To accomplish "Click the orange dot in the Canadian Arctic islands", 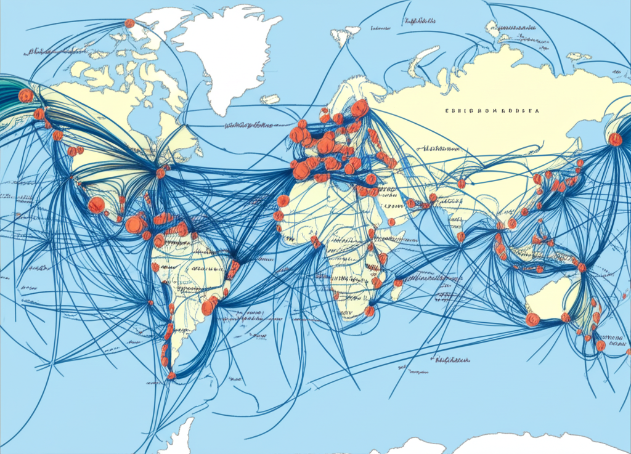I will coord(129,23).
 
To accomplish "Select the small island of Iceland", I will coord(270,99).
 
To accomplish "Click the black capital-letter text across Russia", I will coord(492,111).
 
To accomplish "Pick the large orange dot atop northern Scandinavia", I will coord(360,108).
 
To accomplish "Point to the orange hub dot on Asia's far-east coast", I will coord(615,140).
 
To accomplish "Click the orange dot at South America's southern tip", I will coord(172,375).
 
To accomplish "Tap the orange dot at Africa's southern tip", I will coord(369,311).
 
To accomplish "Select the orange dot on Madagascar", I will coord(398,283).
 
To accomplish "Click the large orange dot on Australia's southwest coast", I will coord(532,319).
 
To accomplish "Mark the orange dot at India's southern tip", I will coord(460,237).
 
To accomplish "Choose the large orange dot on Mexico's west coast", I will coord(96,205).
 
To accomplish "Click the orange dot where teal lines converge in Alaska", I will coord(26,96).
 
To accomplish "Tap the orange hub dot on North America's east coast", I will coord(161,173).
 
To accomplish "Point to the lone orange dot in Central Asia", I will coord(462,184).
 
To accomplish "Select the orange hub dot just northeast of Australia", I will coord(582,267).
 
